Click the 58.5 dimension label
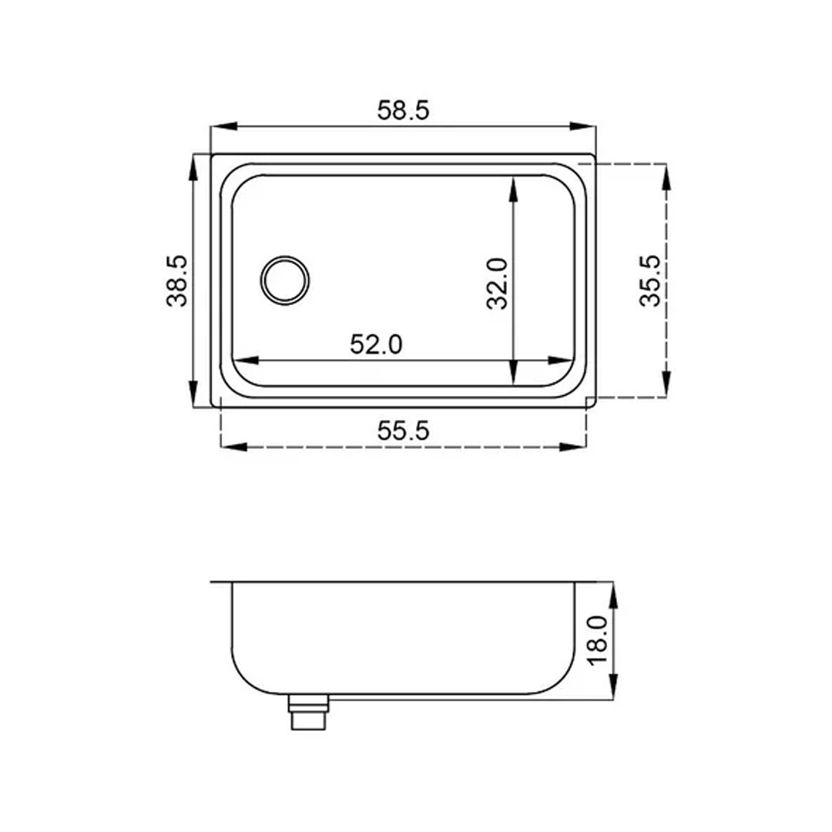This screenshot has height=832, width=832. pyautogui.click(x=403, y=110)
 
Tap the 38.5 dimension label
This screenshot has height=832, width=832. pyautogui.click(x=176, y=281)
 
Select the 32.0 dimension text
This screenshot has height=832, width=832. pyautogui.click(x=497, y=283)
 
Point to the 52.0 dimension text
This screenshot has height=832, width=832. pyautogui.click(x=376, y=345)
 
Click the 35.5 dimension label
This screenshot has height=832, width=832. pyautogui.click(x=650, y=280)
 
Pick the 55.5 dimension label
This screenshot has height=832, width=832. pyautogui.click(x=403, y=431)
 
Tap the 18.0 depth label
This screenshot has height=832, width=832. pyautogui.click(x=598, y=639)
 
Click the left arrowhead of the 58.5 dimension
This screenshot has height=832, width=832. pyautogui.click(x=223, y=127)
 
